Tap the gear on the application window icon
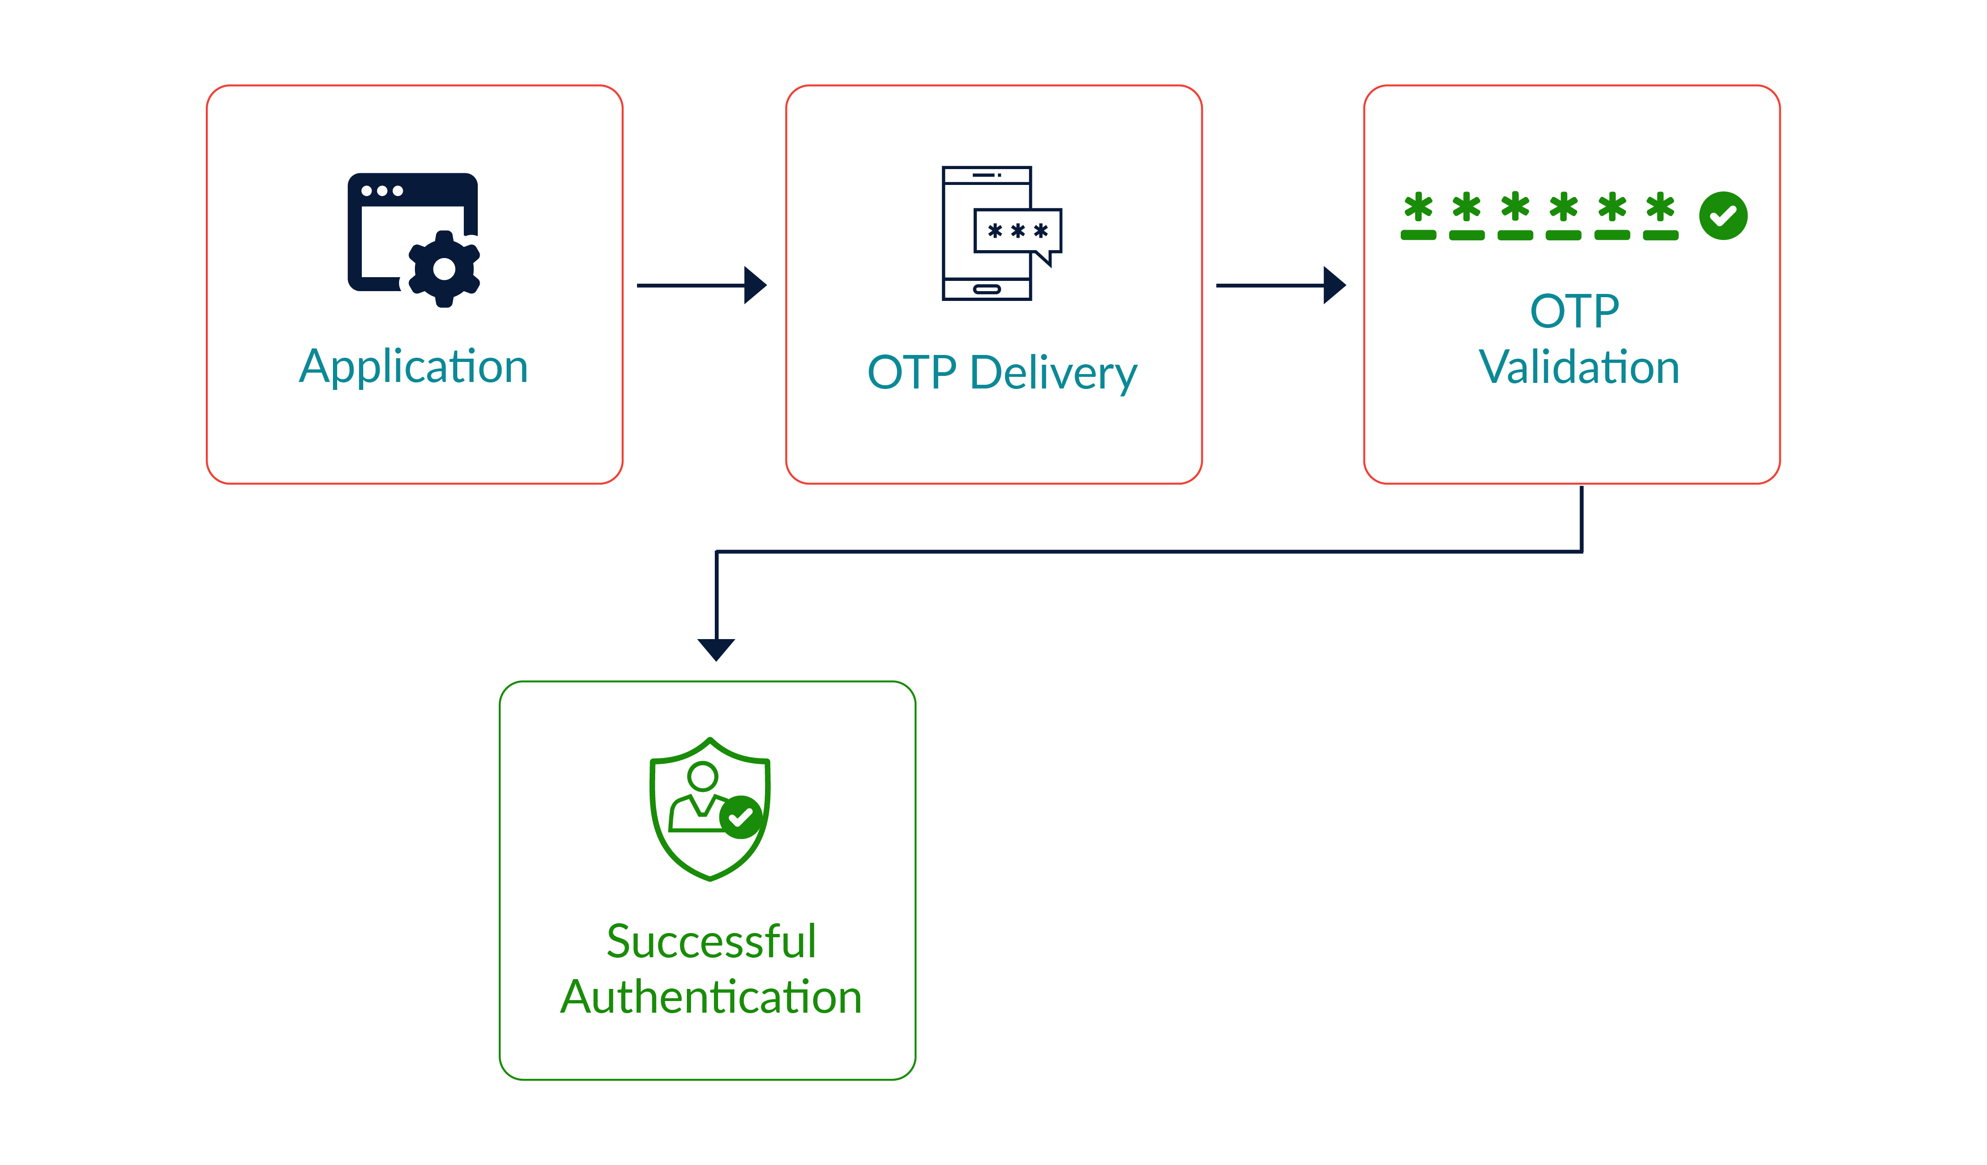tap(444, 269)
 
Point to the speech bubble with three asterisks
tap(1018, 231)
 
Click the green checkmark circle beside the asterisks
tap(1723, 215)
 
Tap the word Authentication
tap(711, 997)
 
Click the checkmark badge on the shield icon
tap(741, 817)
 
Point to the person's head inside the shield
tap(703, 776)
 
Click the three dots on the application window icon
tap(382, 191)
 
